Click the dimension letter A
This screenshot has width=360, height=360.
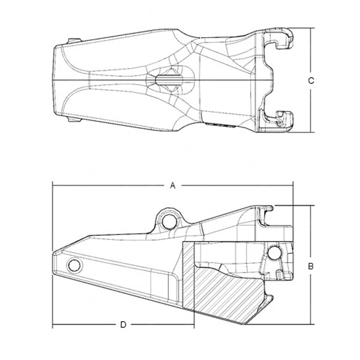(x=172, y=186)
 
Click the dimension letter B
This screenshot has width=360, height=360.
(x=310, y=266)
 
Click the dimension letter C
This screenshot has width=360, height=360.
(x=310, y=81)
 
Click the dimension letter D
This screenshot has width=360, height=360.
(x=123, y=324)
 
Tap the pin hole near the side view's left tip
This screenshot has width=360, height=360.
(x=74, y=265)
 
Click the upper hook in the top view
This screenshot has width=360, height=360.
(x=281, y=39)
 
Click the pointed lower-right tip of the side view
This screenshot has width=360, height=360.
(x=246, y=323)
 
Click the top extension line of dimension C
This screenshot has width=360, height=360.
(x=302, y=28)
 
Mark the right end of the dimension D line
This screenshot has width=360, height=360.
(x=194, y=324)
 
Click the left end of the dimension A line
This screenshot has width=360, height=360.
(x=53, y=185)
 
